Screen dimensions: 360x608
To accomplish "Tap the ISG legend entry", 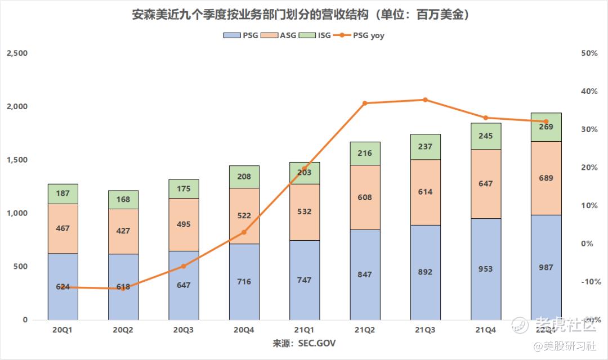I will coord(318,35).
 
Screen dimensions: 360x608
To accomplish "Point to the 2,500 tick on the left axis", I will coord(17,53).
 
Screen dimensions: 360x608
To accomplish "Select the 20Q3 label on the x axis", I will coord(183,330).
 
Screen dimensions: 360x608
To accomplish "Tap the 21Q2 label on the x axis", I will coord(365,330).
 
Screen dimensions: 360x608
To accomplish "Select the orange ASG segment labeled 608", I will coord(365,197).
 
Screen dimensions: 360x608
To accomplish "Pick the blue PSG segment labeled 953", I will coord(485,269).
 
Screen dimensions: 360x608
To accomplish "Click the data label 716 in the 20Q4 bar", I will coord(244,282).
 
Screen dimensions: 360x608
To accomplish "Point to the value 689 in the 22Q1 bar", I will coord(546,178).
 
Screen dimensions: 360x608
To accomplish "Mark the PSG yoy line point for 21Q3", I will coord(425,100).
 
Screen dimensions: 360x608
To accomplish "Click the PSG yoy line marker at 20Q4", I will coord(244,232).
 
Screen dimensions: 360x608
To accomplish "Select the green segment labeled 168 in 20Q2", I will coord(123,199).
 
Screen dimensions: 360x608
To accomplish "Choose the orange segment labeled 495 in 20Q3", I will coord(184,224).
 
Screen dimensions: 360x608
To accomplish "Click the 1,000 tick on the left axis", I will coord(17,213).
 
